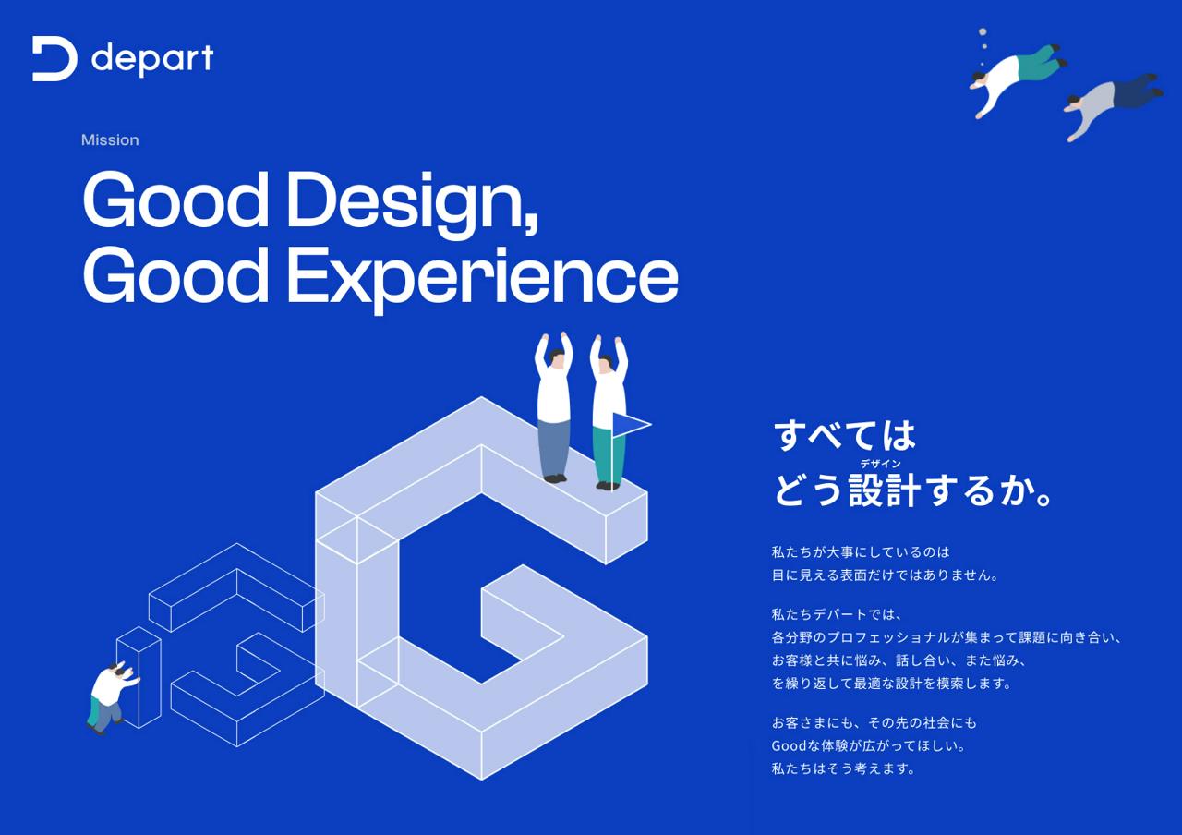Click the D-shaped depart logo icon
[x=54, y=59]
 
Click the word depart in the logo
[x=152, y=59]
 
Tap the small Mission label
[x=110, y=140]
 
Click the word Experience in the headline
[x=481, y=276]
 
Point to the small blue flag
[x=630, y=424]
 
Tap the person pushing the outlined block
[x=108, y=696]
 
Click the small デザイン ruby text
[x=880, y=464]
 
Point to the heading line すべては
[x=844, y=435]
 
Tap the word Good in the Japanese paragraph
[x=790, y=745]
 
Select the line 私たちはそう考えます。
[x=843, y=768]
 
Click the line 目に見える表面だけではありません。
[x=885, y=575]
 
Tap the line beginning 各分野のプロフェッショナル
[x=947, y=637]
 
